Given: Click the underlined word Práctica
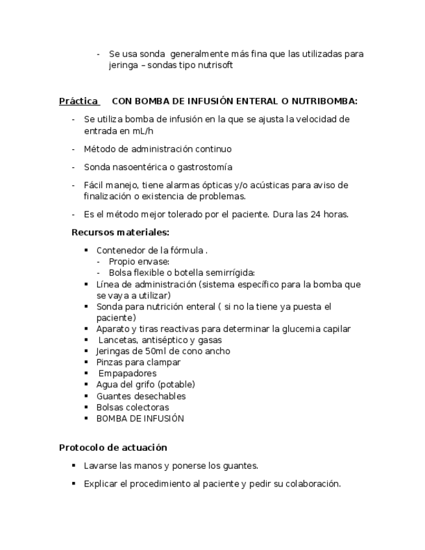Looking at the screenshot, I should click(79, 101).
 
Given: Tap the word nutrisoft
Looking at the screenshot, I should click(213, 66).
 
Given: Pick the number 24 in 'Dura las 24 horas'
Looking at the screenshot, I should click(312, 215).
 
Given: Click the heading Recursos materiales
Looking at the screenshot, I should click(120, 232).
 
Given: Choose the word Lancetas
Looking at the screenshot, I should click(117, 340).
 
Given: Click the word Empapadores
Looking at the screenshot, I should click(127, 374).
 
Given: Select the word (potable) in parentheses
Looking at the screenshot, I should click(176, 385).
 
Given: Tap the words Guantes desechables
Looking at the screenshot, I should click(141, 396).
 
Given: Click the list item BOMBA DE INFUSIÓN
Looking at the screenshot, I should click(140, 418).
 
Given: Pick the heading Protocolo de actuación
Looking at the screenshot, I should click(113, 448).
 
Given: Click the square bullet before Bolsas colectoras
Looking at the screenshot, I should click(86, 407).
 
